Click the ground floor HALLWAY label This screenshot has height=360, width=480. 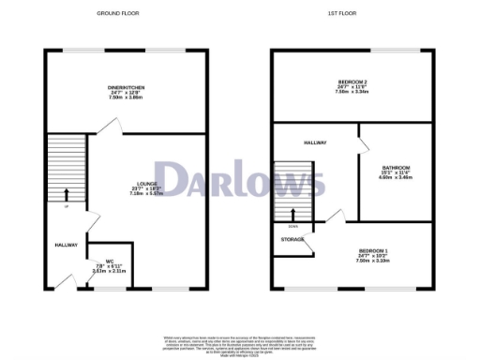click(x=65, y=245)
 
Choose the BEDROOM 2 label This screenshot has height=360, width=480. click(x=352, y=82)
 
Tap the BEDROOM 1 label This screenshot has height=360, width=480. click(x=373, y=250)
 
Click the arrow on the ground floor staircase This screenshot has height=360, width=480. click(x=66, y=195)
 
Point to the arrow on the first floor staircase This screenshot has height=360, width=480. click(x=292, y=214)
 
